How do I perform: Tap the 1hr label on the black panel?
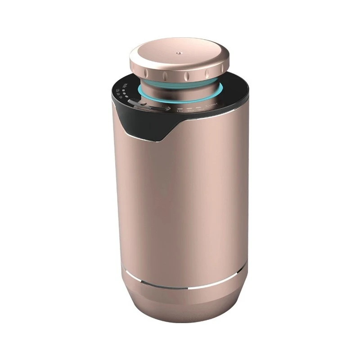(x=180, y=112)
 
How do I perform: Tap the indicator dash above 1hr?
(x=180, y=108)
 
